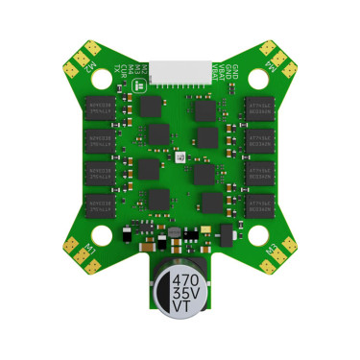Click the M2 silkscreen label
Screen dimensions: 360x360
pos(88,66)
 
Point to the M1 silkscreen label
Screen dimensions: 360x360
pos(88,248)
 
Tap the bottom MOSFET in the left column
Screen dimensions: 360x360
pos(101,204)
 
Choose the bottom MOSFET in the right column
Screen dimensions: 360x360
pos(262,204)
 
